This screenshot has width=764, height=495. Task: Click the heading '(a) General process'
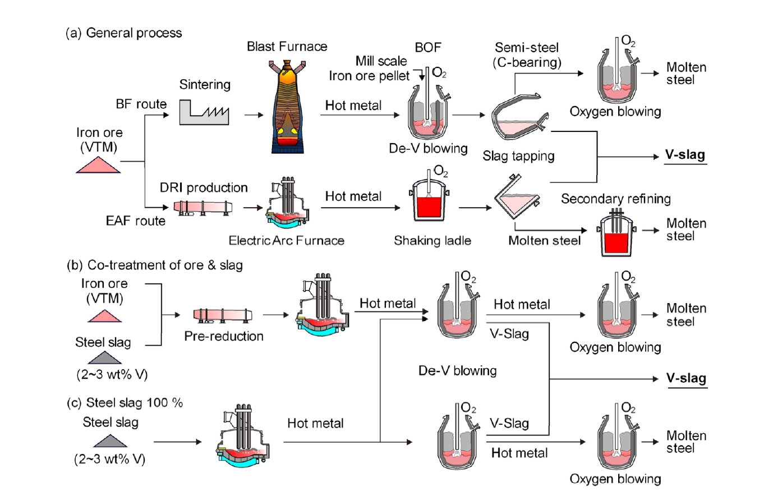click(124, 33)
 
